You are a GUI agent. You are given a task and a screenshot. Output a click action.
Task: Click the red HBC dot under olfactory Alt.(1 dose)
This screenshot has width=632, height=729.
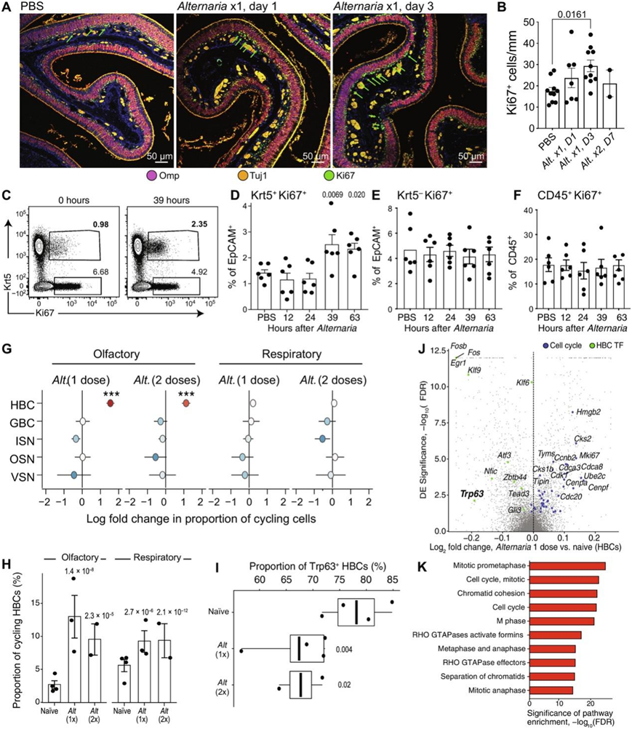click(110, 402)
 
